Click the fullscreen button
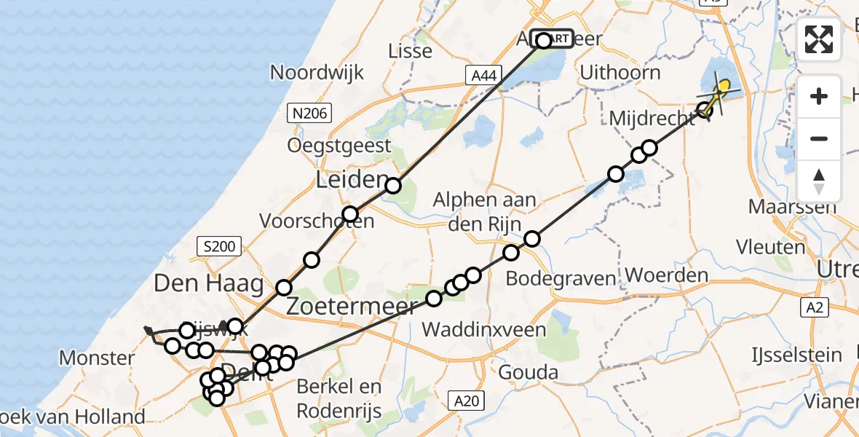(819, 39)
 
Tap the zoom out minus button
(819, 138)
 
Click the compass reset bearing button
(819, 180)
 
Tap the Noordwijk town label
(317, 72)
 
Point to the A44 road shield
(483, 74)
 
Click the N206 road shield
(311, 112)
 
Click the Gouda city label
(529, 374)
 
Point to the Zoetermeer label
(352, 306)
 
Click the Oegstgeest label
(339, 146)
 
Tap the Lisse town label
(411, 51)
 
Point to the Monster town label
(97, 358)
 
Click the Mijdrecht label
(653, 118)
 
